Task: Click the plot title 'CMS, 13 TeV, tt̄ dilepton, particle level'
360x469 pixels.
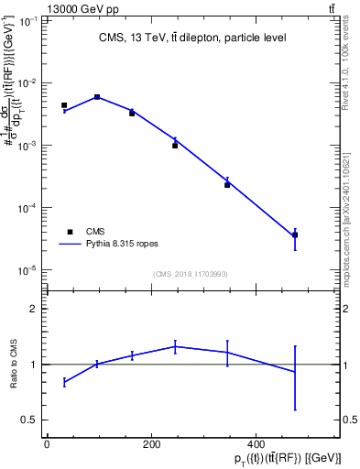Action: coord(192,38)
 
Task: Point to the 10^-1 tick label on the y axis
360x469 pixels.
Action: coord(27,20)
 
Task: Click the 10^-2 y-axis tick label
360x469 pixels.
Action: coord(27,83)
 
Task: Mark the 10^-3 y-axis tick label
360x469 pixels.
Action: coord(27,146)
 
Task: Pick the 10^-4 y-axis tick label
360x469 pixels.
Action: coord(27,208)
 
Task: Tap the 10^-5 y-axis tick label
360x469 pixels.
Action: coord(27,270)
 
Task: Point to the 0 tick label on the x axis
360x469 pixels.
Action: coord(47,445)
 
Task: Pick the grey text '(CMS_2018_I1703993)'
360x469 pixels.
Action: coord(190,274)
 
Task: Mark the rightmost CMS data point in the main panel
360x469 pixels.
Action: coord(295,235)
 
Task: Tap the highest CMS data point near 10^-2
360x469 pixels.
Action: coord(97,96)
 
